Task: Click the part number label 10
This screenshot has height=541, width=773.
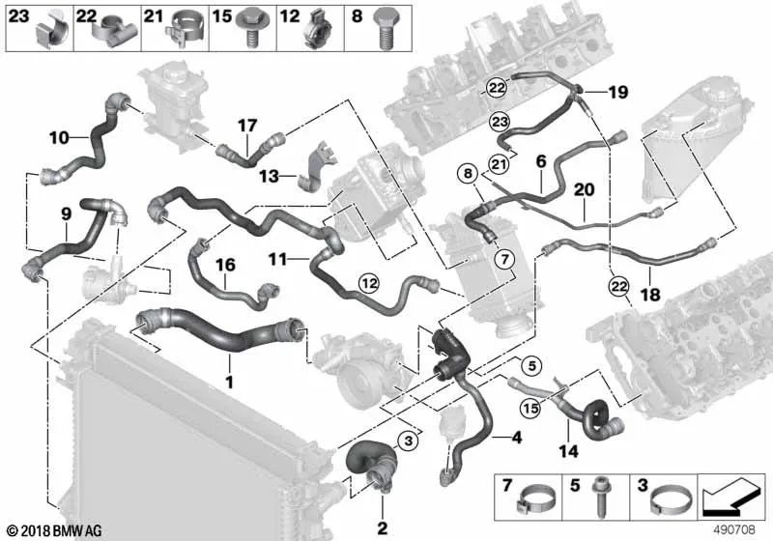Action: pos(57,138)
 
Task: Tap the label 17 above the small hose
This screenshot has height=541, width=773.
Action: pos(247,125)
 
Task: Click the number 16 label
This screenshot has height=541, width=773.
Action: pos(224,264)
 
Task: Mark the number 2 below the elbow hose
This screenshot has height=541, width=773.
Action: pos(382,527)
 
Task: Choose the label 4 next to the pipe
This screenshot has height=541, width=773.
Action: pos(517,438)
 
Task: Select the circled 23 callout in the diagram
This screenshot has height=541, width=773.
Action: pos(499,121)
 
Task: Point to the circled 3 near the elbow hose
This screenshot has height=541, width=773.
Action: pos(408,441)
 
